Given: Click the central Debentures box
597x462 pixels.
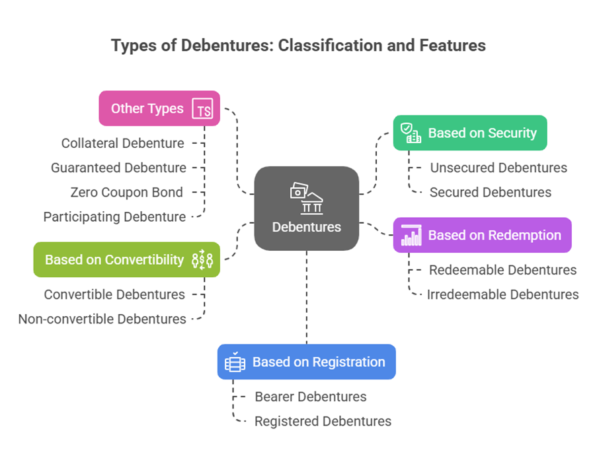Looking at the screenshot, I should [x=306, y=209].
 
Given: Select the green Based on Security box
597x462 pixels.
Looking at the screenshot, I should [x=470, y=133].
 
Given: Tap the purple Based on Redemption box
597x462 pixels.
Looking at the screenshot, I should [x=482, y=236].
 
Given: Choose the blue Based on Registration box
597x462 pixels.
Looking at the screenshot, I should [x=306, y=362].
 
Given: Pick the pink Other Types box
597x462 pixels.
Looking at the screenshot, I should [x=159, y=108].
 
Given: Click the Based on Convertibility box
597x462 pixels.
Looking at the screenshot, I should [x=126, y=259].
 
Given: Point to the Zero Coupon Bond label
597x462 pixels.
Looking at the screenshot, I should [x=126, y=192].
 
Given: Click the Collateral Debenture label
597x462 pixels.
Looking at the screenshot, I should [x=123, y=143].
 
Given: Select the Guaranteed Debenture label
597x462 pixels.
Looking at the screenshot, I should [x=118, y=168].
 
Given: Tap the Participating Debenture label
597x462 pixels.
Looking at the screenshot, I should [x=114, y=216].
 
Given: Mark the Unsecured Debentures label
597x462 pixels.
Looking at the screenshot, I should [x=498, y=168].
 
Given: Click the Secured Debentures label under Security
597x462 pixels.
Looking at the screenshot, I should [x=491, y=192].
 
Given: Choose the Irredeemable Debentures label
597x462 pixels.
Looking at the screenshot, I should [x=503, y=294].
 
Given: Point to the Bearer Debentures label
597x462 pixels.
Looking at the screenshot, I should [x=311, y=397].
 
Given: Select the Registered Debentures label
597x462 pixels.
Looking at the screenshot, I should [x=323, y=421].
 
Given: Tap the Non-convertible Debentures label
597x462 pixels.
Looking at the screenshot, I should [x=102, y=319].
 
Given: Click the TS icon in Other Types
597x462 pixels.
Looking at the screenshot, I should [x=203, y=109].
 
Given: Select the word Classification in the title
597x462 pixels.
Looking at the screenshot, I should [x=322, y=46].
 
